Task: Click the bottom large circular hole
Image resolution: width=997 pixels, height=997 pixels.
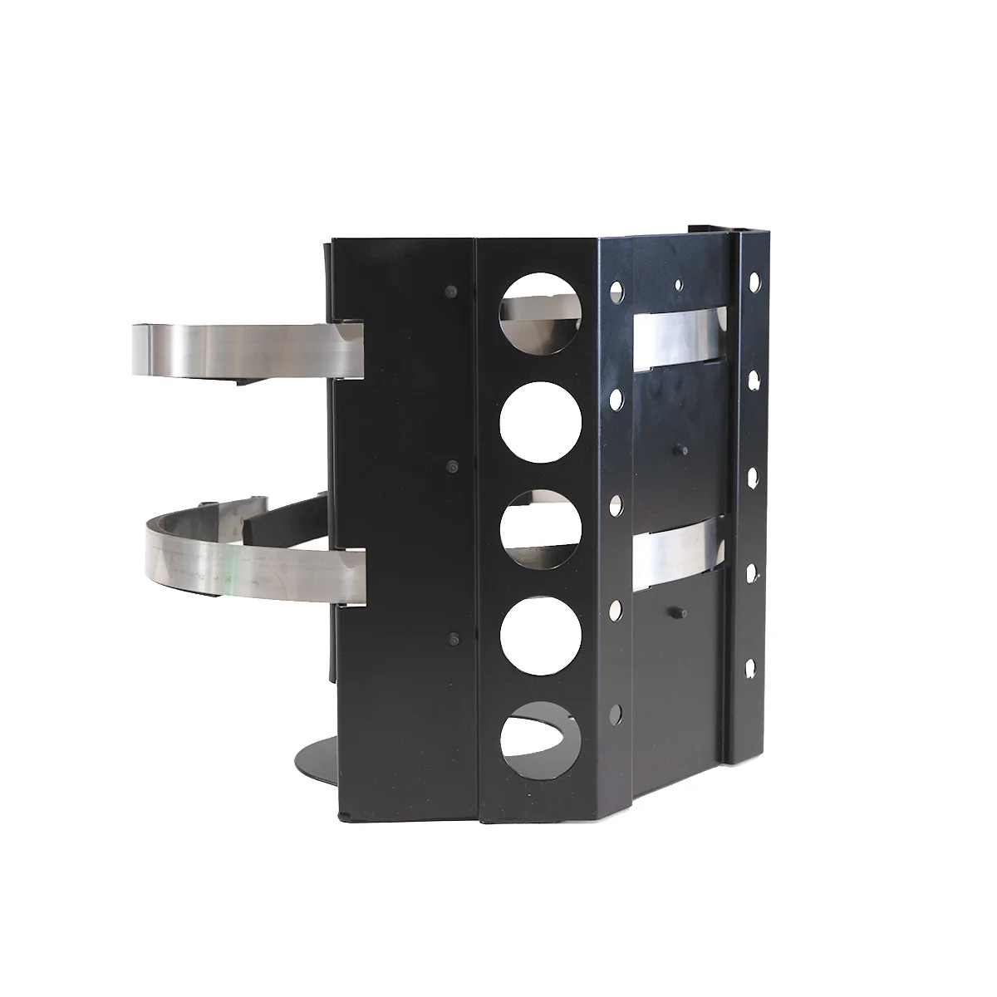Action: (x=541, y=736)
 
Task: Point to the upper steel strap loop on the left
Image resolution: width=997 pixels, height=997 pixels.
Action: (x=248, y=348)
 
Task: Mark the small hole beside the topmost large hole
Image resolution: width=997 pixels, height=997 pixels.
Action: (x=616, y=291)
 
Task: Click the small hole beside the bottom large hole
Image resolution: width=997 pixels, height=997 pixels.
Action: (x=616, y=713)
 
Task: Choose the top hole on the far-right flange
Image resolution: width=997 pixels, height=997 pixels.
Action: (x=754, y=281)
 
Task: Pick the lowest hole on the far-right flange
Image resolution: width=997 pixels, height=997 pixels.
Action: (x=752, y=665)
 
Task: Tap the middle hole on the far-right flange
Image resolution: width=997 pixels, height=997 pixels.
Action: (x=752, y=476)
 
